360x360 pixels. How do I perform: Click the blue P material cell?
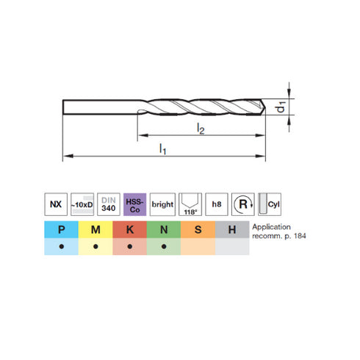tap(62, 230)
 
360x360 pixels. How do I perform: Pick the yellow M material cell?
tap(96, 230)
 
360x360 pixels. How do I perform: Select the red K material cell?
tap(130, 230)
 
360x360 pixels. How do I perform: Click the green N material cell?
tap(164, 230)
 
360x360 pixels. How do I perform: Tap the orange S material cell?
tap(198, 230)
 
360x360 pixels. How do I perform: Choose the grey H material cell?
tap(232, 230)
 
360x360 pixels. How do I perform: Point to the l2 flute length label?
tap(200, 129)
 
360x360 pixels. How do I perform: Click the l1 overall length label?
tap(163, 149)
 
